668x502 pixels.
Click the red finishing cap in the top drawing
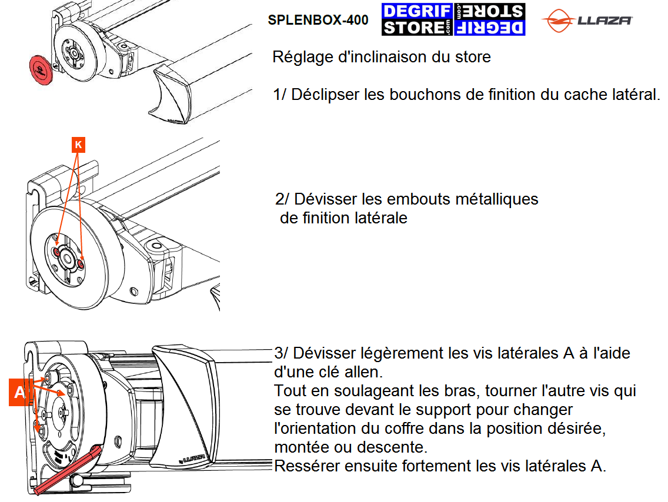click(x=41, y=70)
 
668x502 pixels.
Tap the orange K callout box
click(x=78, y=145)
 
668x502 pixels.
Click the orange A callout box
click(x=19, y=391)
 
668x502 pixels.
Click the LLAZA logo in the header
click(x=587, y=20)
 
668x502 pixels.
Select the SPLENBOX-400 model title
click(x=318, y=20)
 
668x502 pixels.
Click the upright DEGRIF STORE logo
click(x=417, y=19)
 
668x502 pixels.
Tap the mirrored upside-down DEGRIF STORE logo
click(x=489, y=19)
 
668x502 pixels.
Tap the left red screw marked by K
click(x=57, y=252)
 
